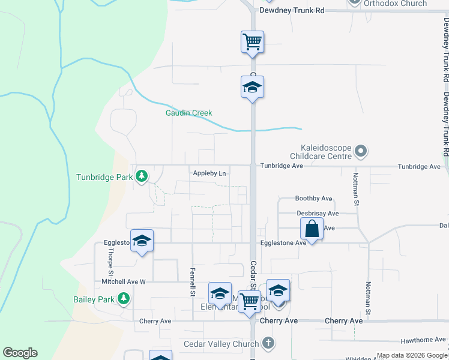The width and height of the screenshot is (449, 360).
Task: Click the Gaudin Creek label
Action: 189,113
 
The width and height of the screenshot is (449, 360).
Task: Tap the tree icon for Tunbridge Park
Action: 141,176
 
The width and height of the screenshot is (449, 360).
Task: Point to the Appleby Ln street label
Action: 209,174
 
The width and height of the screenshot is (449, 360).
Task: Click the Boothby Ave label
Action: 313,199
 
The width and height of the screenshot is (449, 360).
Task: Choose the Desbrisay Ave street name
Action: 318,213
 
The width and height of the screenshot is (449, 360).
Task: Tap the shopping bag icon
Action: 312,229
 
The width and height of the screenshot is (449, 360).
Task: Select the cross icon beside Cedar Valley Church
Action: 268,344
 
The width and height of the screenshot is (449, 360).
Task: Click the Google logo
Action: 20,353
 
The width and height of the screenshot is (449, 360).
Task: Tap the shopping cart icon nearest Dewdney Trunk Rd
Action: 253,42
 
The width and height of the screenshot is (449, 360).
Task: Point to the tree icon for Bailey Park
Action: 123,298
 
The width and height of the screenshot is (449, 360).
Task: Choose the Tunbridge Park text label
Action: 104,177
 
